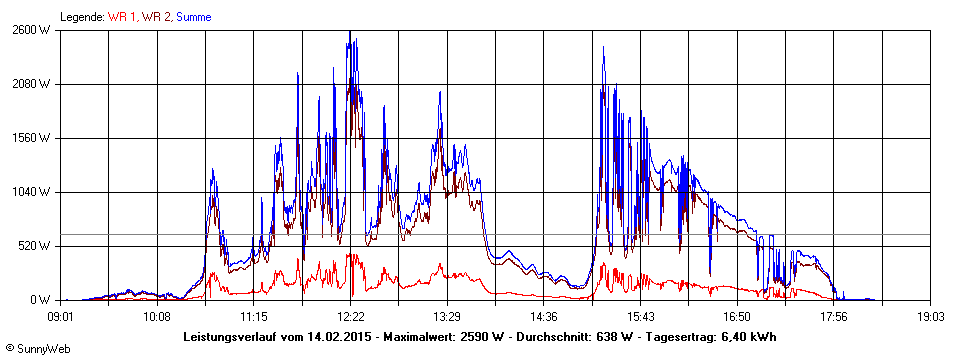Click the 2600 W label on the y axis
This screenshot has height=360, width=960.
click(x=30, y=30)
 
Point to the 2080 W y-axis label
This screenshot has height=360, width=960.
click(x=30, y=84)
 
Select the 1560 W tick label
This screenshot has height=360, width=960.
click(x=30, y=138)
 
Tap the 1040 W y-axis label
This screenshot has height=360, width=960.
click(x=30, y=192)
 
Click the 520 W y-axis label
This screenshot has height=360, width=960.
click(x=34, y=246)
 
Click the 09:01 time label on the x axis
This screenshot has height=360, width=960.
click(x=60, y=316)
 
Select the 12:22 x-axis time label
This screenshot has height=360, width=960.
click(x=350, y=316)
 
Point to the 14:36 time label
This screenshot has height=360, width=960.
click(x=544, y=316)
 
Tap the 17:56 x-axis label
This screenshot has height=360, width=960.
click(x=834, y=316)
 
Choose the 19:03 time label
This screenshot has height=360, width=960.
click(x=930, y=316)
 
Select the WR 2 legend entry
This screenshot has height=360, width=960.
click(x=156, y=17)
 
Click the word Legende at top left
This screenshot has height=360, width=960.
click(x=81, y=17)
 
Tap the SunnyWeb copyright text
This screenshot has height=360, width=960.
click(x=37, y=349)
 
